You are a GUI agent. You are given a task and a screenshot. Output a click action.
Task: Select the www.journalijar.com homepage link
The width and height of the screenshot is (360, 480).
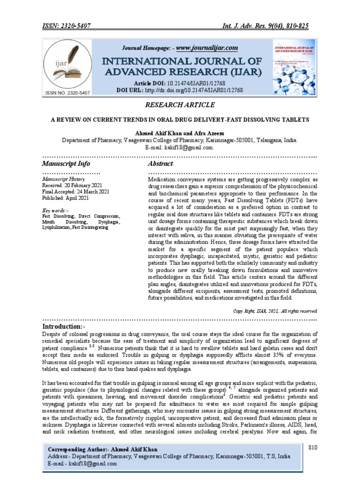coord(207,48)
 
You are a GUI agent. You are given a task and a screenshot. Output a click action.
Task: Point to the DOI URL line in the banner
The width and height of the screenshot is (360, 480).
coord(180,90)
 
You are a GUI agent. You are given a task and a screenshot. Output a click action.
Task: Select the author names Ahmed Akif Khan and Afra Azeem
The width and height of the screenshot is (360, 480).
coord(180,132)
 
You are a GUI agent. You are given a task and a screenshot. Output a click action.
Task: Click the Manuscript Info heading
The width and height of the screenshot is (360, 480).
coord(66,164)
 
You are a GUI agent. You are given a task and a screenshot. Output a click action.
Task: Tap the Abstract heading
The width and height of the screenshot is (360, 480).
coord(160,164)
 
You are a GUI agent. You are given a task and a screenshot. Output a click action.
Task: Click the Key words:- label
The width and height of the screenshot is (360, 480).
coord(55,210)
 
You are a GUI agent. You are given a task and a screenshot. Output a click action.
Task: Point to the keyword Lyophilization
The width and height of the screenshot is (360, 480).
coord(56,227)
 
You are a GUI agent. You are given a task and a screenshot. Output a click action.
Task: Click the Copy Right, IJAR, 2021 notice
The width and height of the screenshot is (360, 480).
coord(276,311)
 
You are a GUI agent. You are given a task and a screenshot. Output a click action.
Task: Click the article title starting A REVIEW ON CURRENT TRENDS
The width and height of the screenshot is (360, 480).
coord(180,120)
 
